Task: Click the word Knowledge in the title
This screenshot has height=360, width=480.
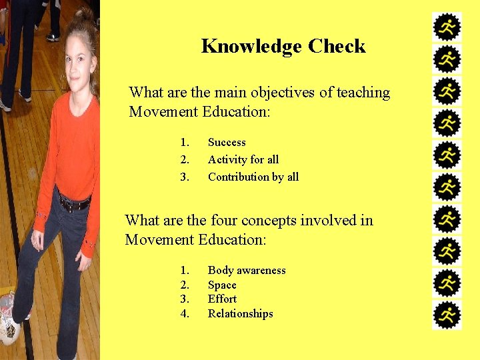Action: coord(251,47)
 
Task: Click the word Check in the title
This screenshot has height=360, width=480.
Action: coord(337,47)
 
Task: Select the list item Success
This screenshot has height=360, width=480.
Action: coord(227,143)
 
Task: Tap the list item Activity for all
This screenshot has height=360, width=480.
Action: coord(243,160)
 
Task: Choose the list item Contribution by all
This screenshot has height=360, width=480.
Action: coord(253,177)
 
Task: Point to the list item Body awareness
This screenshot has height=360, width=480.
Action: coord(247,271)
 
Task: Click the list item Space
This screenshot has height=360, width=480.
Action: coord(222,285)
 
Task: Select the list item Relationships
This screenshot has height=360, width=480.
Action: coord(241,314)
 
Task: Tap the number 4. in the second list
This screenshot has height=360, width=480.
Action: coord(185,314)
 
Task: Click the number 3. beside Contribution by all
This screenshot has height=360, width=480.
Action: coord(185,177)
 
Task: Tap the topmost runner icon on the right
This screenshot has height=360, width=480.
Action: coord(447,27)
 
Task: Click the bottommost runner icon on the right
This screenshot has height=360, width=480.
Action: coord(447,315)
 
